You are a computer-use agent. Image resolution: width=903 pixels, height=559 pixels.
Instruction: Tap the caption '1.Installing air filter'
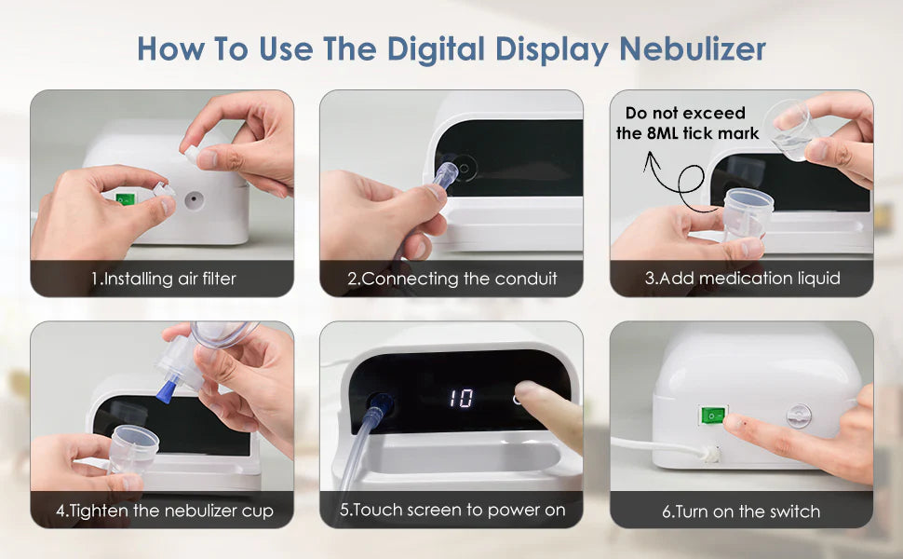coord(163,279)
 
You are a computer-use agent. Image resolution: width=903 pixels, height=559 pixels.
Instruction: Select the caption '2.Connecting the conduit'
coord(451,279)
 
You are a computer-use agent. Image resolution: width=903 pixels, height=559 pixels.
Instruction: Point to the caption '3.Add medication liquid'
coord(742,279)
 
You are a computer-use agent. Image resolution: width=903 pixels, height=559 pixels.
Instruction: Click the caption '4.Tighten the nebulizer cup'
coord(163,511)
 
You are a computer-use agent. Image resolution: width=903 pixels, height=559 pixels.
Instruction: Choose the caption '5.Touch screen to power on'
coord(451,511)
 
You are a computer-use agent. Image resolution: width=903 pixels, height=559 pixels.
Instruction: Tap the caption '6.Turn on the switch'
coord(742,511)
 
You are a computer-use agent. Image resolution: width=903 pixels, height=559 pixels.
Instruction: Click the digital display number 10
coord(461,399)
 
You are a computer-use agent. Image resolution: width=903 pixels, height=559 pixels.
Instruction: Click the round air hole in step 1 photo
coord(195,199)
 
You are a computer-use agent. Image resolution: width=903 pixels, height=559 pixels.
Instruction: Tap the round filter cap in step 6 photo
coord(799,416)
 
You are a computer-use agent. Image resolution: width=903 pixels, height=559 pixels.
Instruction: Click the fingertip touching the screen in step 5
coord(529,394)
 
